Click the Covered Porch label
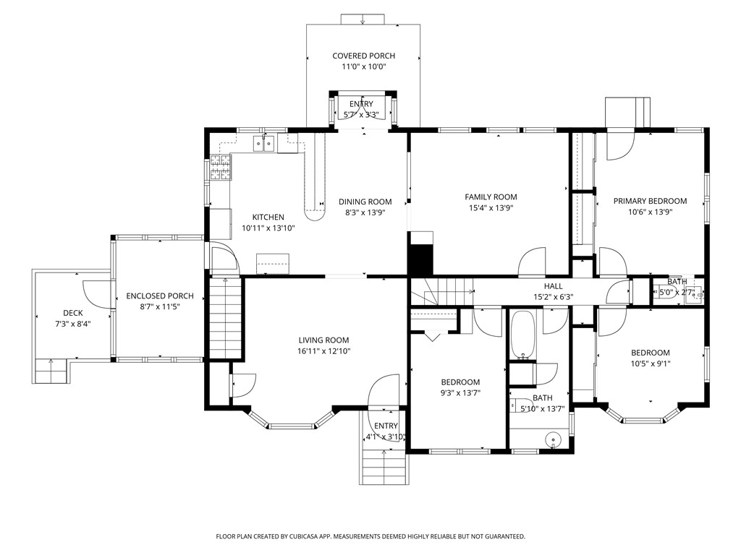(363, 56)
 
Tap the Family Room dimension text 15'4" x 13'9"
(491, 208)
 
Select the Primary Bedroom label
(650, 201)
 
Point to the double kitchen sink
(263, 145)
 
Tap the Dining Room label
(365, 202)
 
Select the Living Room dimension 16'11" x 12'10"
(323, 351)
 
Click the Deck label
(72, 313)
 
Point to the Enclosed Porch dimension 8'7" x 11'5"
(159, 307)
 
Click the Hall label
(553, 286)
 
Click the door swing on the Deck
(95, 293)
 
